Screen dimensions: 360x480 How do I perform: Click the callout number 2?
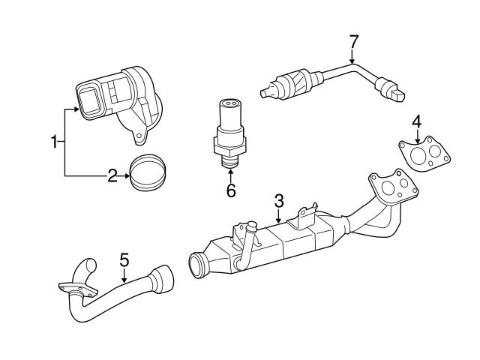coord(112,176)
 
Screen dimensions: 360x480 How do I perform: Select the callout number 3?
coord(278,200)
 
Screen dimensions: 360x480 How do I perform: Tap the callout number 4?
coord(416,121)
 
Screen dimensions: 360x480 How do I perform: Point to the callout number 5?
coord(125,260)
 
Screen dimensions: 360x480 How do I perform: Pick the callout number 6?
coord(231,191)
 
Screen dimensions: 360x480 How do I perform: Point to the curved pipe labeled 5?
coord(112,296)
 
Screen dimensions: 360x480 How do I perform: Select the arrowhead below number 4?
coord(416,139)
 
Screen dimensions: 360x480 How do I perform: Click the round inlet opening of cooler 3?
coord(200,265)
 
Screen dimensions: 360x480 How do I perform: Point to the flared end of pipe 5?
coord(161,281)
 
